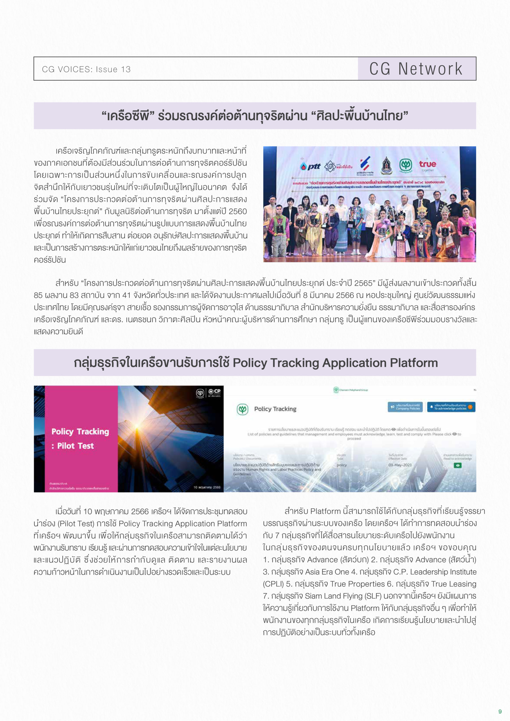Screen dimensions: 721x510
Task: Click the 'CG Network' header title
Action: coord(415,69)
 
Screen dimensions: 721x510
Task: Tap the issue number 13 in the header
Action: coord(126,69)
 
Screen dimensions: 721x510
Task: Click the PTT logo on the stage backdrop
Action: coord(311,166)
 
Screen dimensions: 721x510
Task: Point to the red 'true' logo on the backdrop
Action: coord(427,164)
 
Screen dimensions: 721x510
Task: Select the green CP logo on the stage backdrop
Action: coord(406,165)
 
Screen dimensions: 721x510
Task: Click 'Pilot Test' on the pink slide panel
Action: coord(76,446)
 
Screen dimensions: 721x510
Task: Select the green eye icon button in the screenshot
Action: coord(458,465)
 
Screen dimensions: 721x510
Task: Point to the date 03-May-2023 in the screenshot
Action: coord(400,465)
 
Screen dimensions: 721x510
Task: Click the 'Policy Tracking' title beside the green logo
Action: coord(275,409)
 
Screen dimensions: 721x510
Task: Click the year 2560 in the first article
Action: coord(238,211)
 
